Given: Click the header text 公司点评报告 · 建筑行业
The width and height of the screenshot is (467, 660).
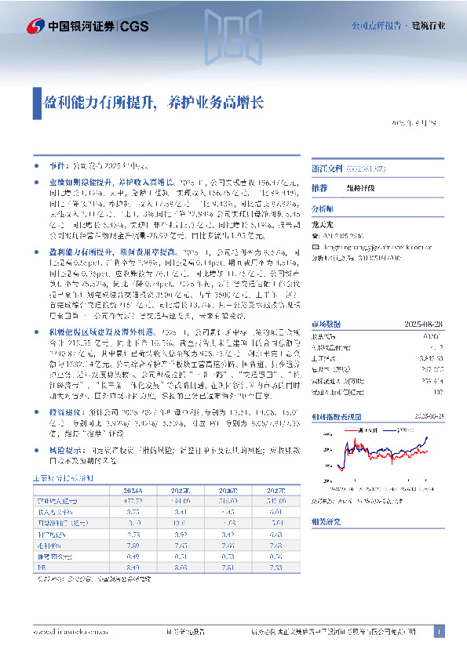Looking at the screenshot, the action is [398, 26].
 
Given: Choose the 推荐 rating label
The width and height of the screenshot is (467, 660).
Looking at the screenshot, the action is [319, 189].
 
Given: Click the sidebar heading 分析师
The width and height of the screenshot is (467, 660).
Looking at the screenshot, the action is [323, 210].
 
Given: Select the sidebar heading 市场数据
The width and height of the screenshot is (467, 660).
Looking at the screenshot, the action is [327, 321].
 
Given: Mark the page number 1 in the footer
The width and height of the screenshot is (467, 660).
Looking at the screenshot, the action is [440, 631].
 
